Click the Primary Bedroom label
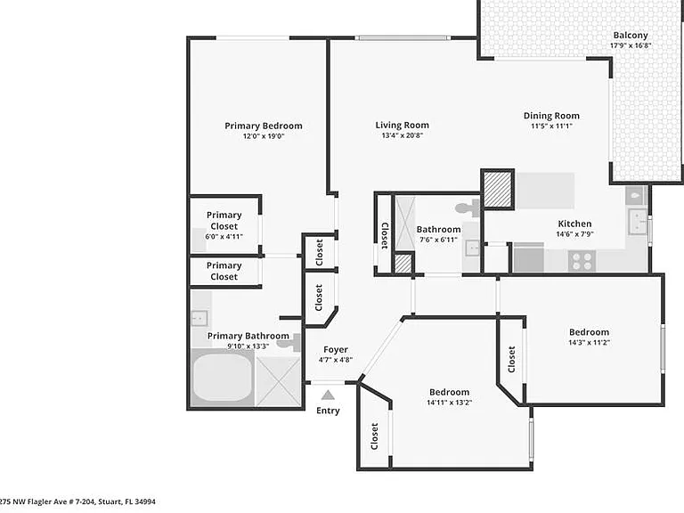click(264, 126)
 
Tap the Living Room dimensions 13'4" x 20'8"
click(403, 135)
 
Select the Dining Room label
click(551, 116)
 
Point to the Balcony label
click(631, 36)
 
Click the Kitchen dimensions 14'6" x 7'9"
click(575, 234)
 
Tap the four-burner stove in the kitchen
click(582, 261)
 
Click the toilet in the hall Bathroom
click(468, 208)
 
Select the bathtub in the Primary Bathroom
click(223, 378)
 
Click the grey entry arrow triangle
click(328, 395)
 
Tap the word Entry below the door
click(328, 411)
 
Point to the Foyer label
click(336, 350)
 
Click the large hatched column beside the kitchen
click(498, 190)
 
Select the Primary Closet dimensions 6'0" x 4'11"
click(224, 237)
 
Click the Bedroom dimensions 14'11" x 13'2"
click(449, 403)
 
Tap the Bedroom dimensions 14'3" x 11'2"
click(589, 343)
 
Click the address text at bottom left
click(77, 501)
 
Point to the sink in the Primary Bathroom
click(199, 318)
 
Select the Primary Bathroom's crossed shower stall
click(278, 381)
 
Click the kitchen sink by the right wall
click(637, 221)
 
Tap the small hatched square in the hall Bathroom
click(403, 264)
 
